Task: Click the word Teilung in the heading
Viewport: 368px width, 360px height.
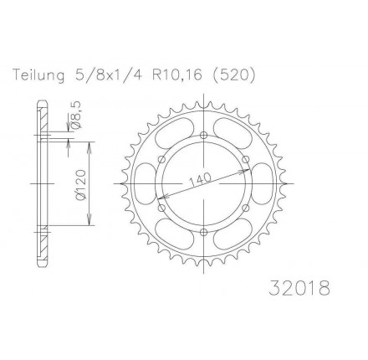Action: [38, 75]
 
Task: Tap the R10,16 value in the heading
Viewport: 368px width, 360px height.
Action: [176, 75]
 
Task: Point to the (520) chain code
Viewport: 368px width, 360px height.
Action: [232, 75]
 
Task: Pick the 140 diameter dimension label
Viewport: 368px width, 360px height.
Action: [200, 181]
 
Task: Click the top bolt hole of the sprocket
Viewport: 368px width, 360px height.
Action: [204, 136]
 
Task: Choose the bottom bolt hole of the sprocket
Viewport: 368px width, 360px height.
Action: [204, 232]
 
